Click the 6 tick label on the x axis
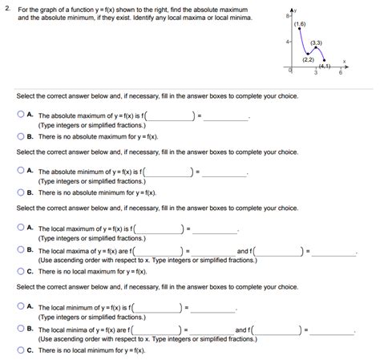[340, 73]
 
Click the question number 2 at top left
[5, 7]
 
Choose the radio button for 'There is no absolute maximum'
[20, 136]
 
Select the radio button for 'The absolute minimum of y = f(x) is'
[20, 171]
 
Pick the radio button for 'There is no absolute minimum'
[20, 192]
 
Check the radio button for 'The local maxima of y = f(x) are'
[20, 250]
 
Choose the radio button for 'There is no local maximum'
[20, 271]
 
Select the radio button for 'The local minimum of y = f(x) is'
[20, 306]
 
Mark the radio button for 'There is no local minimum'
[20, 350]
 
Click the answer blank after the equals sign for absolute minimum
[225, 172]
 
